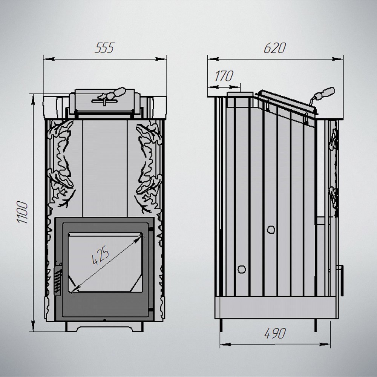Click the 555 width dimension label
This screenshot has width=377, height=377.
[104, 48]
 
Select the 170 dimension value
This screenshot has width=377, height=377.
[224, 77]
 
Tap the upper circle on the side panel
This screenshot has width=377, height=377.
[271, 229]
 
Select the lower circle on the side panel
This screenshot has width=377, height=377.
[241, 269]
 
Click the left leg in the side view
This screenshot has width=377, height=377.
[222, 325]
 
